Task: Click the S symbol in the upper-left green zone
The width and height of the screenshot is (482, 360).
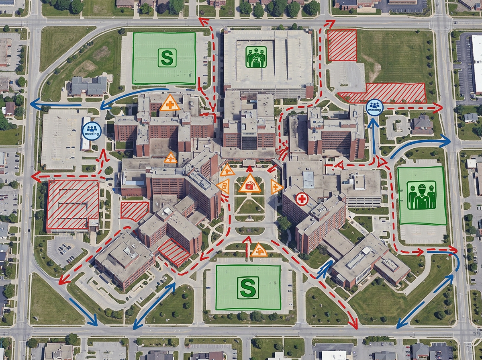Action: point(167,57)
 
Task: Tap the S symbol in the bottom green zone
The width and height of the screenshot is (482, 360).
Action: point(247,287)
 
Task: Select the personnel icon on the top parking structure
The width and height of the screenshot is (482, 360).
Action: point(256,57)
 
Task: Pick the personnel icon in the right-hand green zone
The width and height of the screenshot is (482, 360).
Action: point(421,196)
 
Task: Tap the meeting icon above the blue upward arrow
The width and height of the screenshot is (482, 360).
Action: point(374,108)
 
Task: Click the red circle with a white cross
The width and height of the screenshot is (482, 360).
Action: point(302,198)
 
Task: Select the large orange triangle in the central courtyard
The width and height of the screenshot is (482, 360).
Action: point(249,184)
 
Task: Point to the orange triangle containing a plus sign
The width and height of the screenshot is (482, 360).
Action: point(170,104)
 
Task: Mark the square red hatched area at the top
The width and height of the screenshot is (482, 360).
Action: point(342,45)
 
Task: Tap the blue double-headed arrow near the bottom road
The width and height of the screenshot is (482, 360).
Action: point(154,305)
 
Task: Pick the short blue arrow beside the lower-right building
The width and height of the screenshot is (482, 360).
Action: point(325,269)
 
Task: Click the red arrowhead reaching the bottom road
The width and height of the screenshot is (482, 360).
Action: point(353,325)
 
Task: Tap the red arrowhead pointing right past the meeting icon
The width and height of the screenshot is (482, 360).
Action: point(439,108)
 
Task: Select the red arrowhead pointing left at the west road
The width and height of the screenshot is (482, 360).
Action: point(35,176)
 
